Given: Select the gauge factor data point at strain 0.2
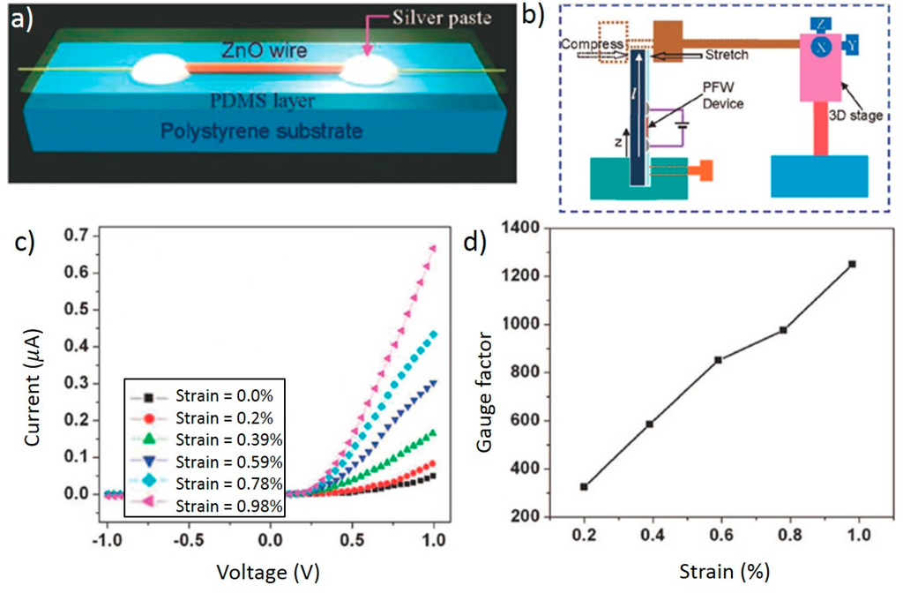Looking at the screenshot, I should tap(584, 487).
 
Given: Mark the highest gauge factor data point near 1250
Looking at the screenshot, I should tap(853, 264).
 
